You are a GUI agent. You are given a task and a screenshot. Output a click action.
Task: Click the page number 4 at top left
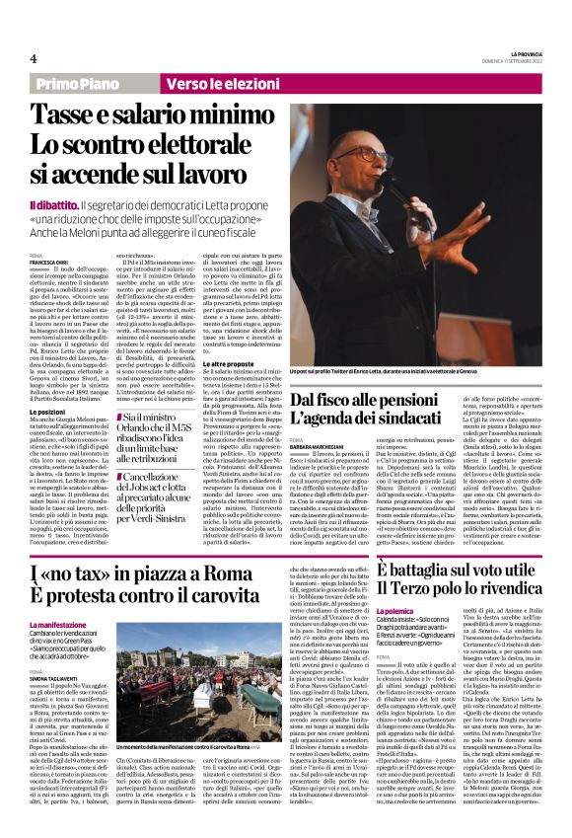pos(33,58)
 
